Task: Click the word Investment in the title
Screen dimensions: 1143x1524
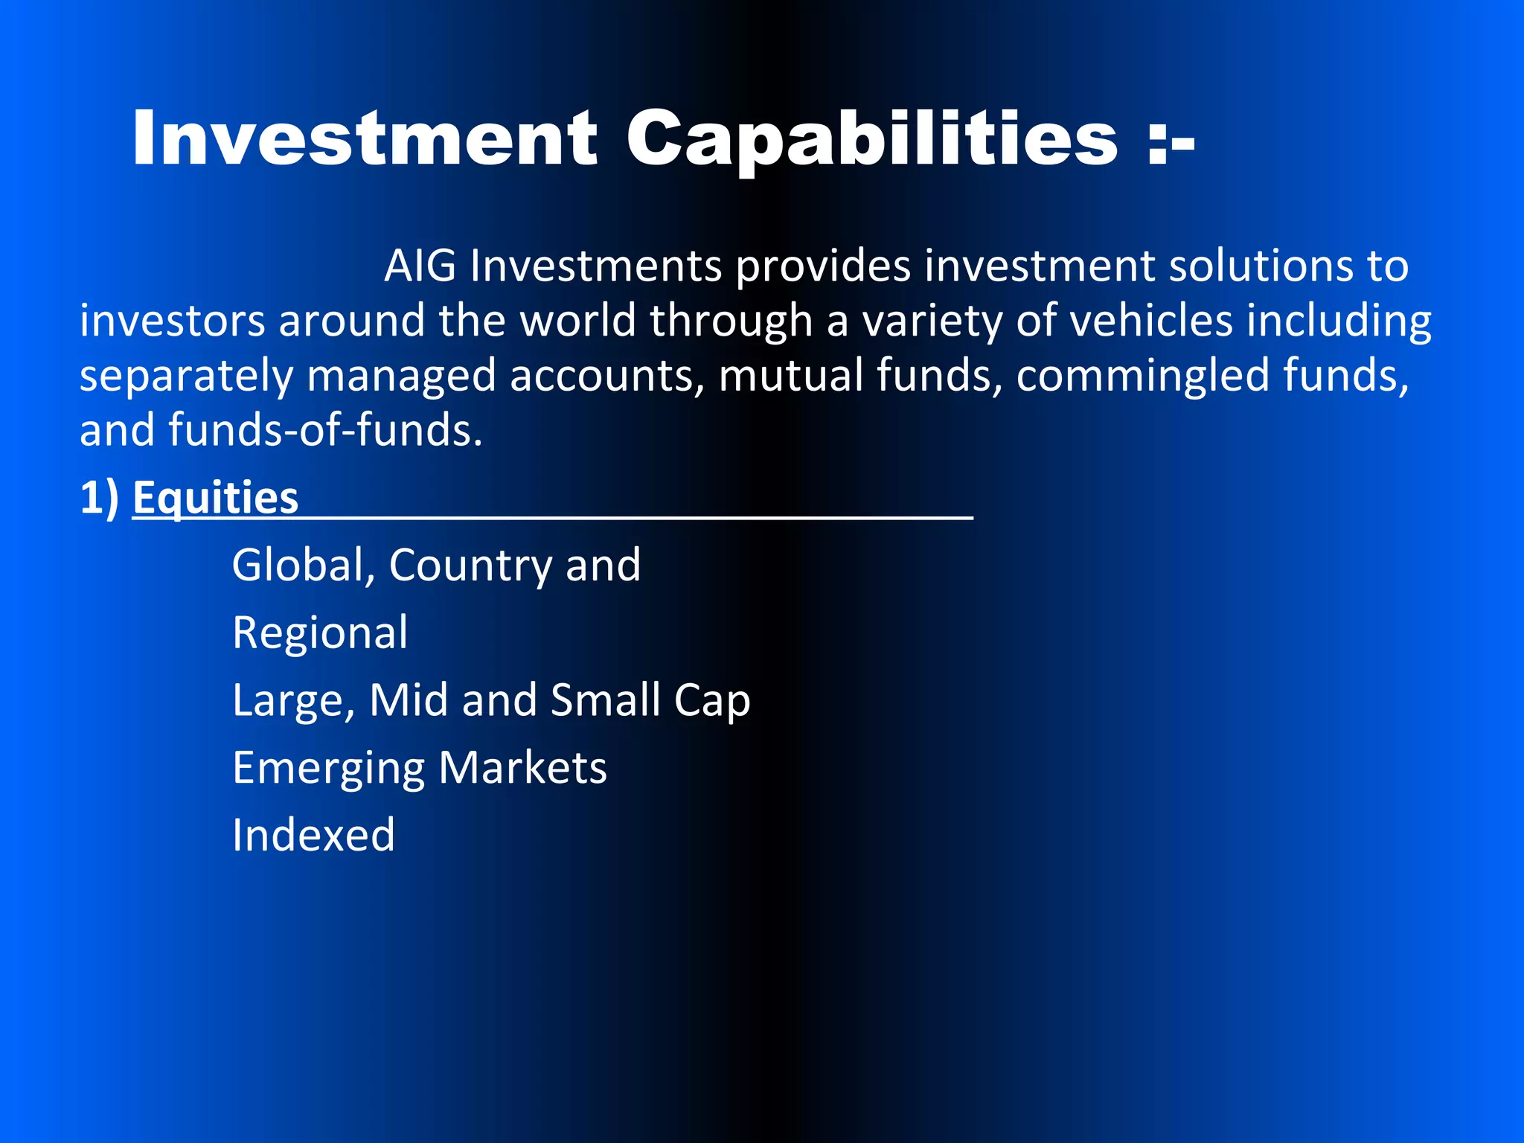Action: pyautogui.click(x=365, y=138)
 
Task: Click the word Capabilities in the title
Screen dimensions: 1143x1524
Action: pyautogui.click(x=871, y=138)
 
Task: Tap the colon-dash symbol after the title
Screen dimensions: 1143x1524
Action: pyautogui.click(x=1171, y=141)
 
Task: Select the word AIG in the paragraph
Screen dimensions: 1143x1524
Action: pyautogui.click(x=420, y=266)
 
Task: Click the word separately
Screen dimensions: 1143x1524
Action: pyautogui.click(x=186, y=377)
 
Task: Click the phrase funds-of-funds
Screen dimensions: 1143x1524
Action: pyautogui.click(x=325, y=430)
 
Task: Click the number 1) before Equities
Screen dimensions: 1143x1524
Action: pyautogui.click(x=99, y=497)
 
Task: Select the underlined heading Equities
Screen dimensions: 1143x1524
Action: pyautogui.click(x=216, y=497)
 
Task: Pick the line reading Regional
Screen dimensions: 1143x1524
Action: pyautogui.click(x=320, y=634)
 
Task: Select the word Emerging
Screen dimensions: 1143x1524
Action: pyautogui.click(x=327, y=769)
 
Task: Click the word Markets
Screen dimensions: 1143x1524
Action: pyautogui.click(x=522, y=768)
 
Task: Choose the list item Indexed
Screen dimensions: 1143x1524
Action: pyautogui.click(x=313, y=835)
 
